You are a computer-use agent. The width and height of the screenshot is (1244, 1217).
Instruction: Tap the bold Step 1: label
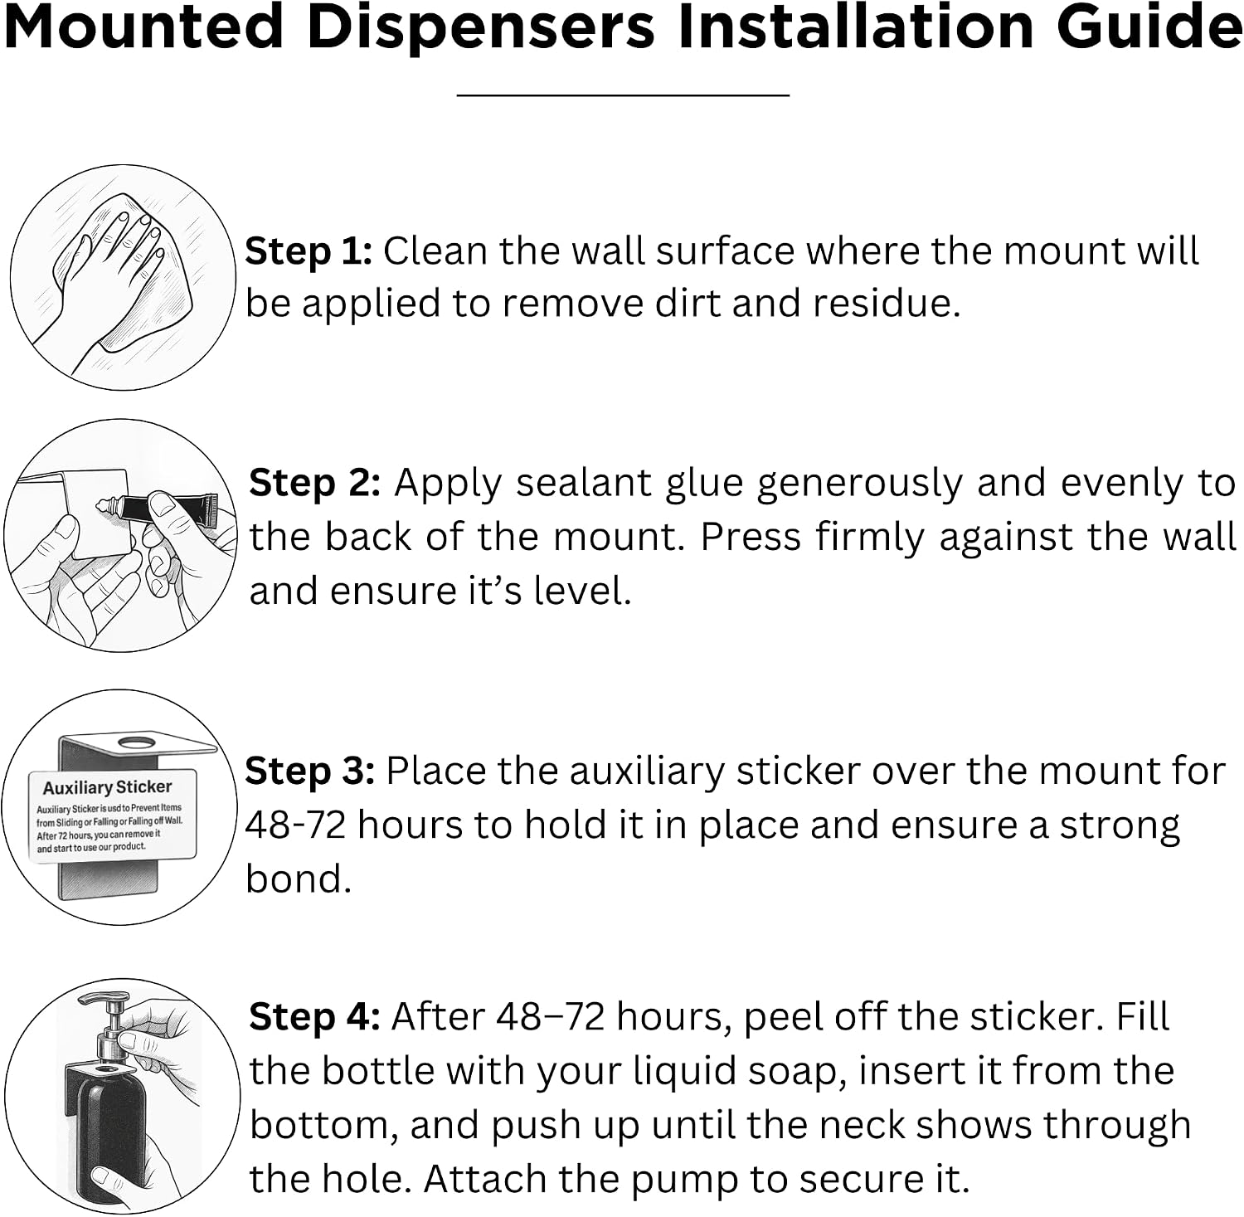309,251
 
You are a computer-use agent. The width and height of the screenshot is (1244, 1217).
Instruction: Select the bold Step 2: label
315,483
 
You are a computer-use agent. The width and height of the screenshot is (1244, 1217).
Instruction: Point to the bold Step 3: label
310,772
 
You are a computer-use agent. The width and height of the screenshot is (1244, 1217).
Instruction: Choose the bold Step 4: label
314,1017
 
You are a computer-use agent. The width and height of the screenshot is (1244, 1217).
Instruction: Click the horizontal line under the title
623,95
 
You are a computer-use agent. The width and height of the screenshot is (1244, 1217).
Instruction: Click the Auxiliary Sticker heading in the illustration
108,787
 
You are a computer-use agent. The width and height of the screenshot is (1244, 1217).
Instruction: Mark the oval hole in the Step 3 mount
137,742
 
